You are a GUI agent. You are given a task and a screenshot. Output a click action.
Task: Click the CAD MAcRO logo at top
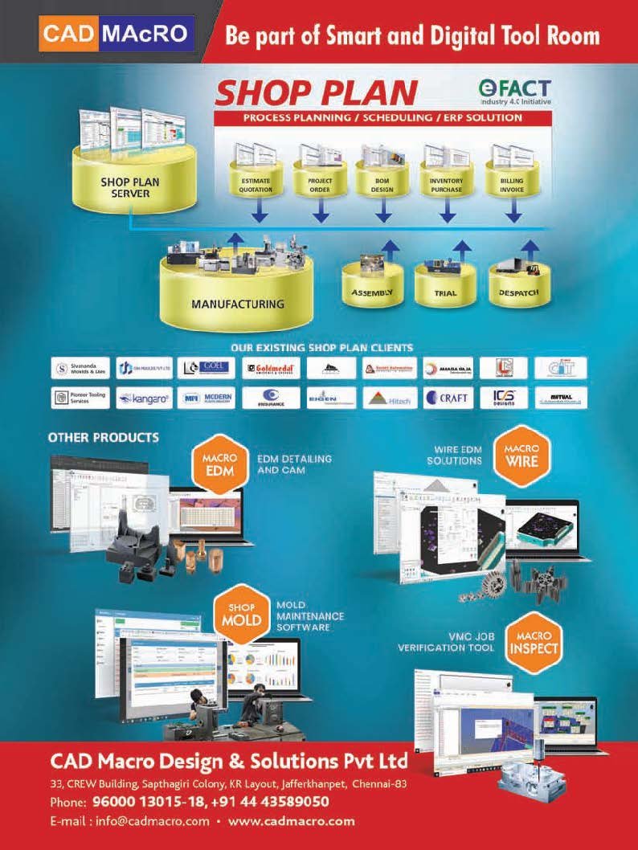(117, 34)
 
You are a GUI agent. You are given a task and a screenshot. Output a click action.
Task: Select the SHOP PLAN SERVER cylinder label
(130, 187)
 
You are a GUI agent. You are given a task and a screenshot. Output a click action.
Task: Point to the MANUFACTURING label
(238, 304)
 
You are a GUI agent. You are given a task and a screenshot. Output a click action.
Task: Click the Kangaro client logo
(144, 398)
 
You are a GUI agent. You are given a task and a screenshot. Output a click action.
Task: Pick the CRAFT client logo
(448, 398)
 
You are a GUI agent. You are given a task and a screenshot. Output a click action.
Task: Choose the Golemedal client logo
(271, 369)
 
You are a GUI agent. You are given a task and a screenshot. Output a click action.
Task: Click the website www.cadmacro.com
(292, 821)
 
